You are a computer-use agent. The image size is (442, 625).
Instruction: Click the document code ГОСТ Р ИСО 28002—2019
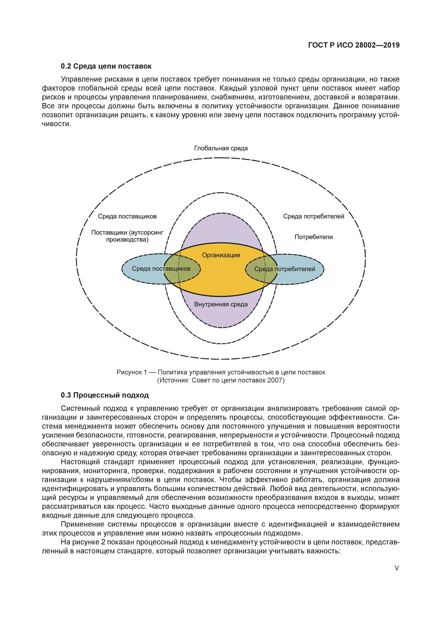coord(354,45)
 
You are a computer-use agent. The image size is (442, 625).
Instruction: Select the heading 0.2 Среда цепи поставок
coord(106,66)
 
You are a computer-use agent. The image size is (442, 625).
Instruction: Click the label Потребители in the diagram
coord(313,237)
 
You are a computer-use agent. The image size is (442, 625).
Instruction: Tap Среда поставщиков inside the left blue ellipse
coord(161,269)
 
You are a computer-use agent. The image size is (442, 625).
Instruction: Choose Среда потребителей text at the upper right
coord(313,216)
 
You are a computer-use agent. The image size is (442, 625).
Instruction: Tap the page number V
coord(397,568)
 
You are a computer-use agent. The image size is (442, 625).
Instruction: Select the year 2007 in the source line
coord(275,380)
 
